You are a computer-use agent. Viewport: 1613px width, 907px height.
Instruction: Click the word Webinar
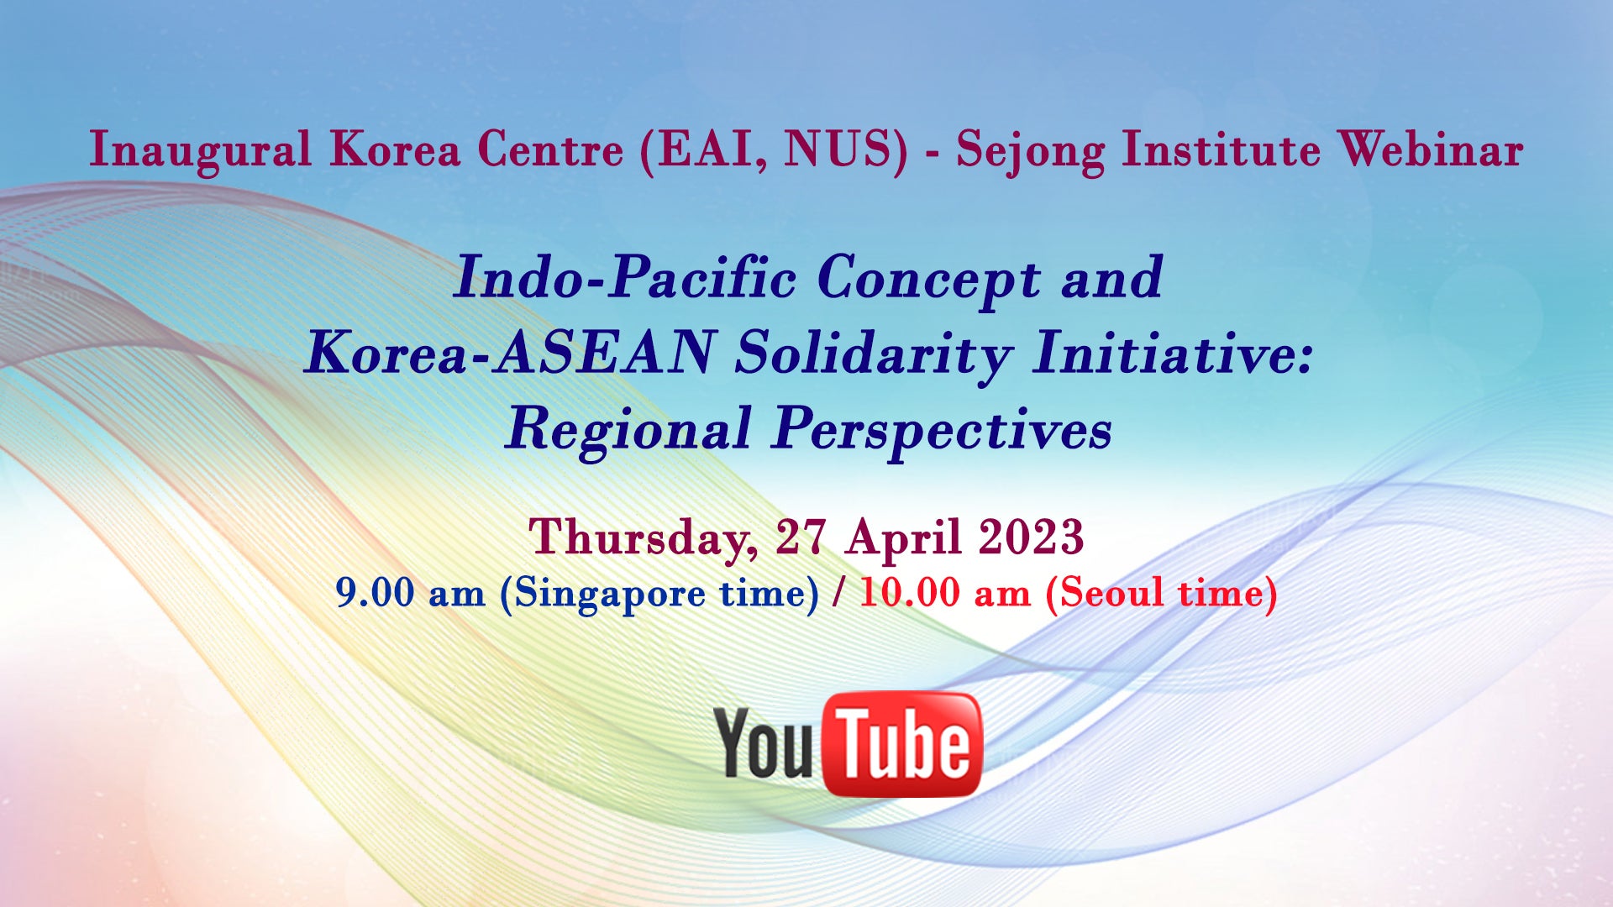(1431, 149)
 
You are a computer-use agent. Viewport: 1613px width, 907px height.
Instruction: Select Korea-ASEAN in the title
(510, 352)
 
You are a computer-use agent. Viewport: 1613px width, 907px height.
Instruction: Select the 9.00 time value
(375, 593)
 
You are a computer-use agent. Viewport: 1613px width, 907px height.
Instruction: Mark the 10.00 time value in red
(909, 593)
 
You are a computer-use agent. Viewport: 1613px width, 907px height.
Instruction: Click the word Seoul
(1111, 592)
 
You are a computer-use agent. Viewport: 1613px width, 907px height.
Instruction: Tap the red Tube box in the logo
(903, 744)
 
